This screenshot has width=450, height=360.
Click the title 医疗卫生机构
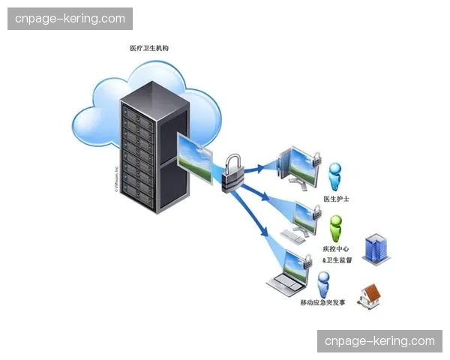click(x=149, y=48)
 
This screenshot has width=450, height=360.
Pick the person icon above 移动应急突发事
click(x=323, y=283)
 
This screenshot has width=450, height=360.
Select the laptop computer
click(x=289, y=275)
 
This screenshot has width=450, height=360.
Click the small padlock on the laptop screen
click(x=307, y=260)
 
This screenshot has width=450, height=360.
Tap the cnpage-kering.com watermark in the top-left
click(x=71, y=18)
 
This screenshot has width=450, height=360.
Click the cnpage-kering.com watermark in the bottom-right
click(x=379, y=341)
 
